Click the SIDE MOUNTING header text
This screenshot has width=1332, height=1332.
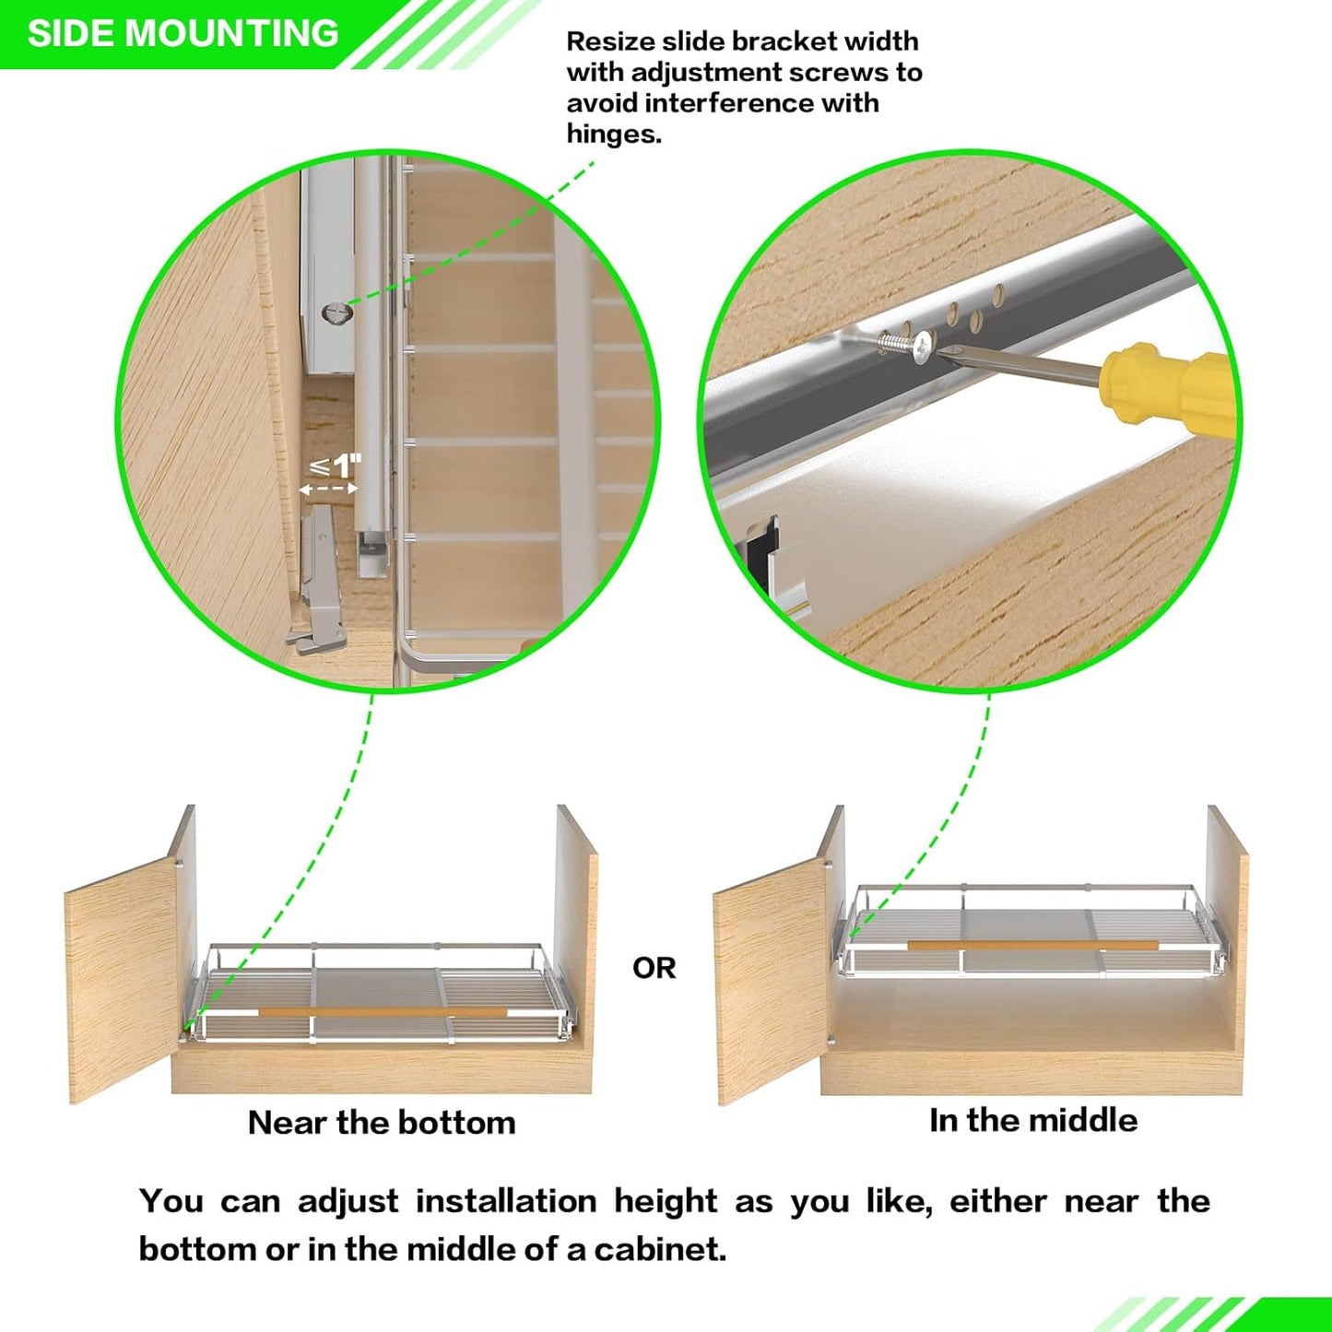pos(183,33)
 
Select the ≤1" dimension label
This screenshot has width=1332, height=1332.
pos(336,466)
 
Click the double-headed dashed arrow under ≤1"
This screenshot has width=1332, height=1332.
pos(328,489)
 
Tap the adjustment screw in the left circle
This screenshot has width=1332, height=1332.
pos(337,312)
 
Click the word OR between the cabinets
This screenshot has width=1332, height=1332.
pos(654,968)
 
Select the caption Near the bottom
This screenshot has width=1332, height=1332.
pos(381,1123)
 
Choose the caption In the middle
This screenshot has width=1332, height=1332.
pos(1032,1120)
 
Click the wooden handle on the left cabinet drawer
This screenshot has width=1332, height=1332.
pos(382,1012)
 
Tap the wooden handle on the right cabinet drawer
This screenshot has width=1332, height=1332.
pos(1032,945)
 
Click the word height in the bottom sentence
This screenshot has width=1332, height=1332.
pos(666,1201)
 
